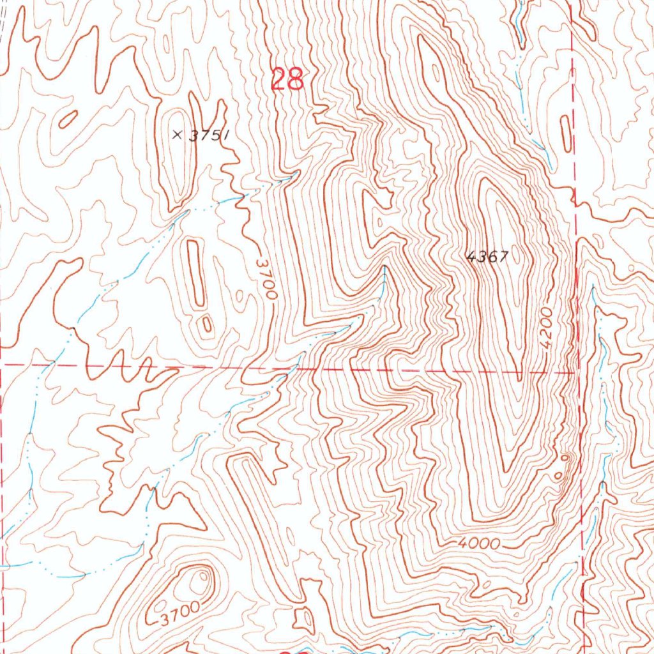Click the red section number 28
287,80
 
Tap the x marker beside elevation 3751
178,134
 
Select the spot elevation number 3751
207,135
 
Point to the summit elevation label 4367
487,257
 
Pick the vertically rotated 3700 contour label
266,279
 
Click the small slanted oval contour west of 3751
68,118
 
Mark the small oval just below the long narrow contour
206,324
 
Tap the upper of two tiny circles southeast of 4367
564,458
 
